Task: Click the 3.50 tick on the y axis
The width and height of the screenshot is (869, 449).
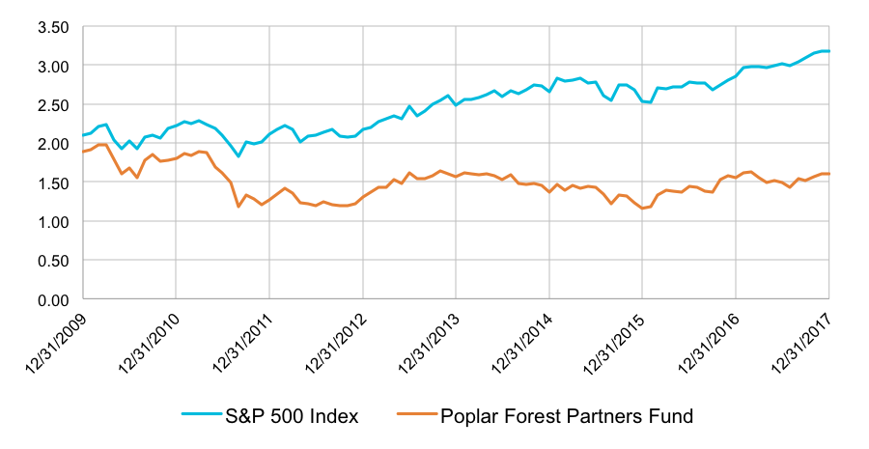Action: [x=53, y=27]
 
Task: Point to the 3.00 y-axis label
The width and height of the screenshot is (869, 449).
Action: [x=53, y=66]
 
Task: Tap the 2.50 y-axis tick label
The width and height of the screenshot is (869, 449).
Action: [x=53, y=104]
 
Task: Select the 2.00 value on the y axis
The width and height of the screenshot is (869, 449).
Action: [x=53, y=144]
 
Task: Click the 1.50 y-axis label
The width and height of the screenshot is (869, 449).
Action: [x=53, y=182]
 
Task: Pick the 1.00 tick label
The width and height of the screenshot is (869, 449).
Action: [x=53, y=221]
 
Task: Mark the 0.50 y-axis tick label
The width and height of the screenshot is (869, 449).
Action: [x=53, y=261]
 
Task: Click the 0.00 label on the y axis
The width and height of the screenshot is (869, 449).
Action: [x=53, y=299]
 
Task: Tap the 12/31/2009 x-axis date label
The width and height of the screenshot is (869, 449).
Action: [x=57, y=343]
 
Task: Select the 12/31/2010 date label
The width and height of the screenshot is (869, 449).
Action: [x=151, y=343]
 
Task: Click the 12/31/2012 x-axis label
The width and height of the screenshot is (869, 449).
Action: [x=338, y=343]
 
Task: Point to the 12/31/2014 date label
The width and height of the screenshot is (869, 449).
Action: [x=524, y=343]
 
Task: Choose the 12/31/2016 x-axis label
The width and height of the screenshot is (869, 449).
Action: [x=711, y=343]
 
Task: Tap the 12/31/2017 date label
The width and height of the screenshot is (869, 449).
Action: [x=804, y=343]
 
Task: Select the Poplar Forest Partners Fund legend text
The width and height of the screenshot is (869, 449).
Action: [x=567, y=416]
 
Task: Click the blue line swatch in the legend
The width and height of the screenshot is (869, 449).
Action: [x=204, y=416]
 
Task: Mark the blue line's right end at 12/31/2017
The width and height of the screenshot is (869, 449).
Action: [x=828, y=51]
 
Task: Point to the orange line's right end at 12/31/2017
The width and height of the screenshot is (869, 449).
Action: [x=828, y=174]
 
